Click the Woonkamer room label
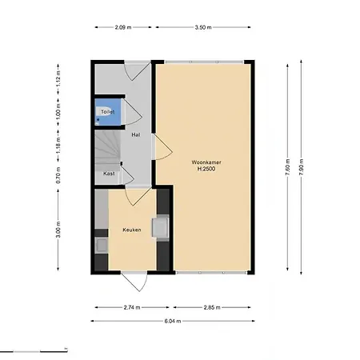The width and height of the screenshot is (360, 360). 206,162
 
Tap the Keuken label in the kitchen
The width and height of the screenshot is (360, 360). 132,230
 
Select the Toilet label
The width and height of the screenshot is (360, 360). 107,112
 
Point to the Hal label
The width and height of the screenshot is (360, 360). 136,134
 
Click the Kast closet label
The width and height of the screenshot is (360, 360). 109,174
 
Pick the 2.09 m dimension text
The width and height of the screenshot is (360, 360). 123,27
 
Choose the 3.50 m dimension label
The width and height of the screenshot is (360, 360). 203,27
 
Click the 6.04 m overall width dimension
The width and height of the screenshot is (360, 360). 173,321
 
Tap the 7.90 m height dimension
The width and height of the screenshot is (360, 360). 302,167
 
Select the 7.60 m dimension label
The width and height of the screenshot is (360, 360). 287,167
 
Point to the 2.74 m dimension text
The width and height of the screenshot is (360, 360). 132,307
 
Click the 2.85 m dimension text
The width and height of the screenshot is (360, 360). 212,307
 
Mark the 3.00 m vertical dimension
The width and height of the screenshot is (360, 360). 58,230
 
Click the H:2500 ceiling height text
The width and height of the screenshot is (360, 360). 206,169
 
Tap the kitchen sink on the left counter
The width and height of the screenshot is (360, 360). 102,246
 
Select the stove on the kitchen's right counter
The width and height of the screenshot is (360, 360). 160,227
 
